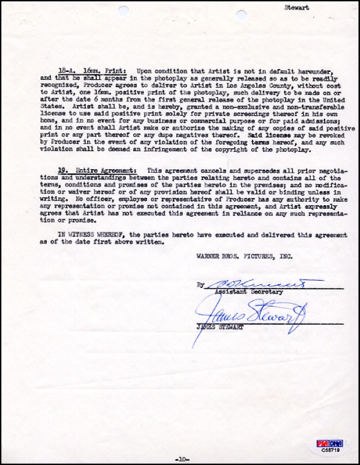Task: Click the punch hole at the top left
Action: pyautogui.click(x=123, y=10)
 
